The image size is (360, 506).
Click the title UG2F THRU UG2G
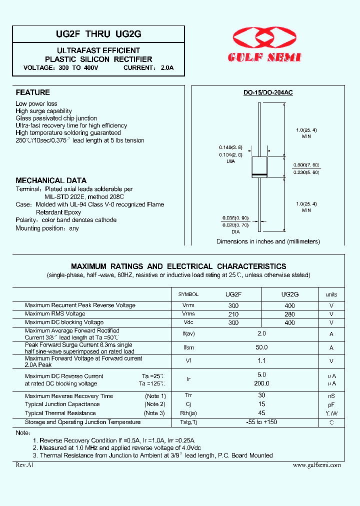[x=98, y=34]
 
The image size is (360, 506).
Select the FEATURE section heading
[x=32, y=92]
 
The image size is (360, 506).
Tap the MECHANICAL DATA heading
[x=51, y=180]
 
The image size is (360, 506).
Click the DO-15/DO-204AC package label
[x=268, y=93]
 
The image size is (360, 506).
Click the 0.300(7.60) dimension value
[x=306, y=165]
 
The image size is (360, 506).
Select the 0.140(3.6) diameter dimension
[x=230, y=147]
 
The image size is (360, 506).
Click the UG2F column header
[x=233, y=294]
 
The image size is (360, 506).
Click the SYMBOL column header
[x=188, y=294]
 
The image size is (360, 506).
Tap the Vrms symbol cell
[x=188, y=314]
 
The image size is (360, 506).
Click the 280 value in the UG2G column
[x=289, y=314]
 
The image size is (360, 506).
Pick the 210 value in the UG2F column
[x=233, y=314]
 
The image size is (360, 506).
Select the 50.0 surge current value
[x=261, y=347]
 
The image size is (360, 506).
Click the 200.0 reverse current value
[x=261, y=383]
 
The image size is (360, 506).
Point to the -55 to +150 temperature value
[x=261, y=422]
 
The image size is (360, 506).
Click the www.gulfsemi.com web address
[x=316, y=465]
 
